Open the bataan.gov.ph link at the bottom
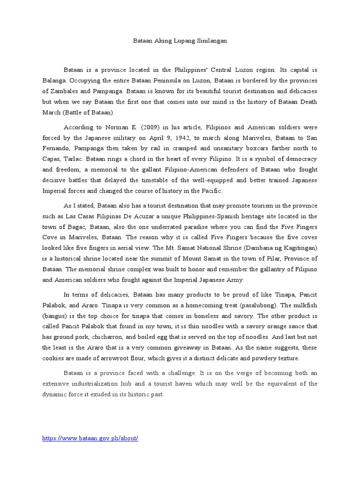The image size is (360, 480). coord(90,438)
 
